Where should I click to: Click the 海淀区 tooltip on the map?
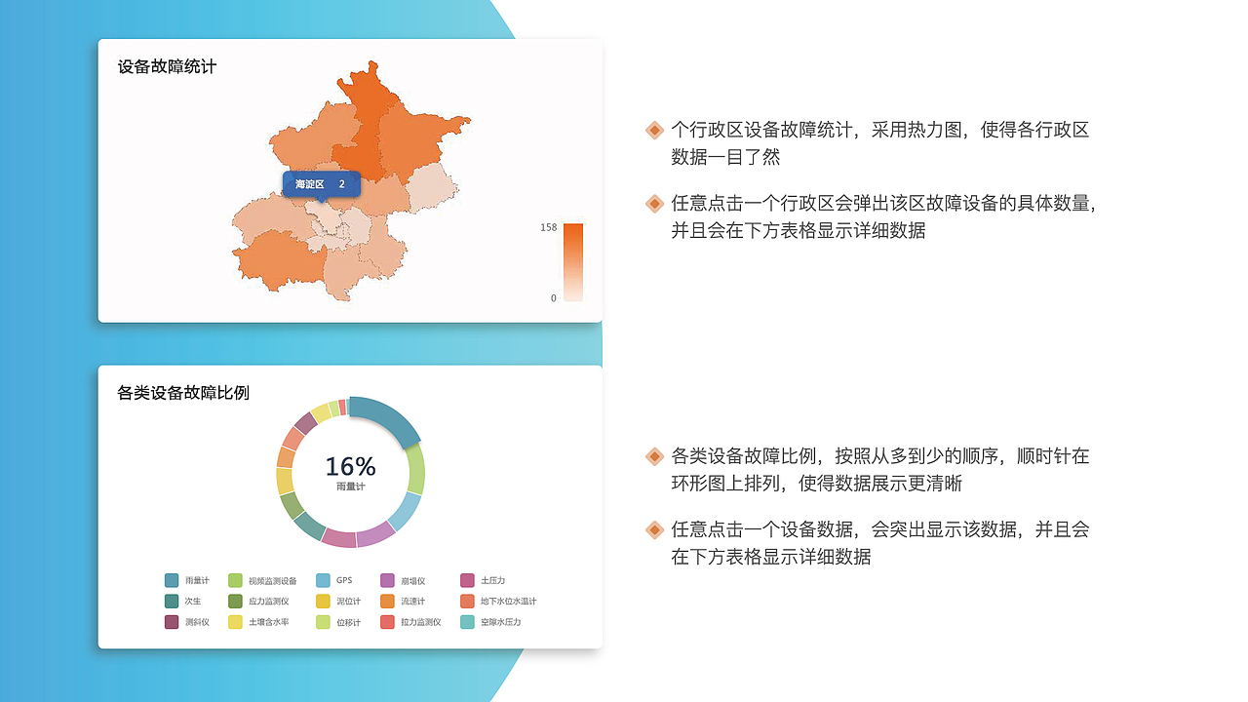321,184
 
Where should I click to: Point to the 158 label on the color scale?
549,227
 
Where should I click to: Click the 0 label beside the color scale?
553,298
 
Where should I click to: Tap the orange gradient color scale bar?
573,262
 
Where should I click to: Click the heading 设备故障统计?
167,67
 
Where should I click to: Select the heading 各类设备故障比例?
183,393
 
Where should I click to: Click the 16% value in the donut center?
350,466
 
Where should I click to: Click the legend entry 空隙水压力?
500,622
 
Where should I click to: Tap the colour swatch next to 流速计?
387,602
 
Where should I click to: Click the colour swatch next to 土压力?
467,580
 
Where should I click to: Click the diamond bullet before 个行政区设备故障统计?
655,130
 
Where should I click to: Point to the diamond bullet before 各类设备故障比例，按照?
655,455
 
